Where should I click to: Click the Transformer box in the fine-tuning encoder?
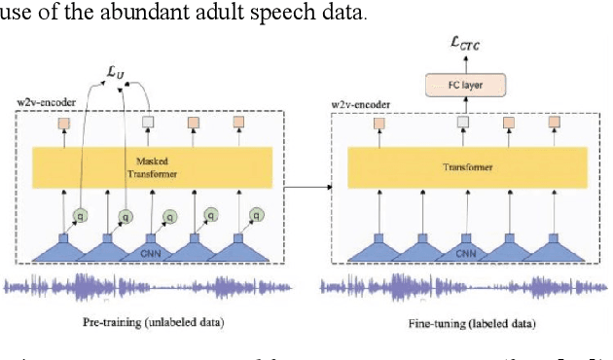464,166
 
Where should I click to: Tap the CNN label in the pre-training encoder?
152,252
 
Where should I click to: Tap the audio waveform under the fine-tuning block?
465,287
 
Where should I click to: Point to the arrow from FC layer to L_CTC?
464,64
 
